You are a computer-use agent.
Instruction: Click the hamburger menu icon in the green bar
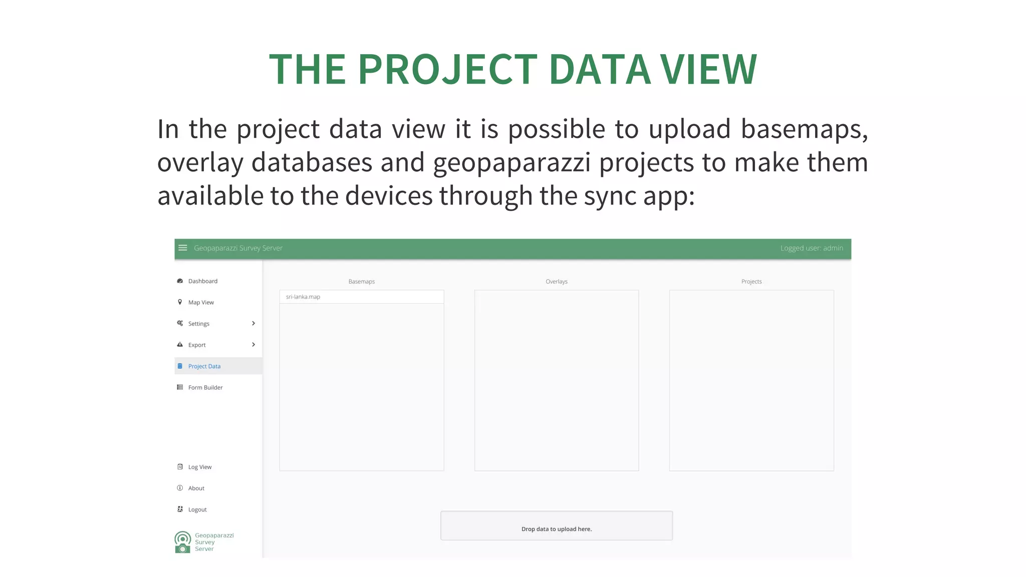coord(183,248)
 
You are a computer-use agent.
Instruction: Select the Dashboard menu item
coord(202,281)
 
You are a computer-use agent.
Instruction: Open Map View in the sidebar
coord(201,303)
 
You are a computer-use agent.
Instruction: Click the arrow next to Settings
coord(253,324)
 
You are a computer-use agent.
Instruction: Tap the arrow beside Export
coord(253,345)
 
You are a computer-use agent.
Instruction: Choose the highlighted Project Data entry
coord(204,366)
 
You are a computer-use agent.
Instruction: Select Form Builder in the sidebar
coord(205,388)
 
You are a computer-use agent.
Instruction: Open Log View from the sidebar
coord(199,467)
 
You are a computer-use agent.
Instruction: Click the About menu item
coord(196,488)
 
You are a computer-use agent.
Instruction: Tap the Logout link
coord(197,510)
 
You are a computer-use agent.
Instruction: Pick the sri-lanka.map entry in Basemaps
coord(303,297)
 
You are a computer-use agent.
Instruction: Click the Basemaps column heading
coord(361,281)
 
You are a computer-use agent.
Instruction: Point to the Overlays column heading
coord(556,281)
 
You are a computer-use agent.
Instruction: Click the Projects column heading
coord(751,281)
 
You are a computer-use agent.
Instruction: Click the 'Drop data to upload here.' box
coord(556,526)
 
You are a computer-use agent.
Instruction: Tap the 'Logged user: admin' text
coord(811,248)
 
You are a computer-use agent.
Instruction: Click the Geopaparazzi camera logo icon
coord(183,542)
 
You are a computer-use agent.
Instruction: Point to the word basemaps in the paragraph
coord(804,129)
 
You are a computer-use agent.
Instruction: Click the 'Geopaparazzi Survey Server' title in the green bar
coord(238,248)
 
